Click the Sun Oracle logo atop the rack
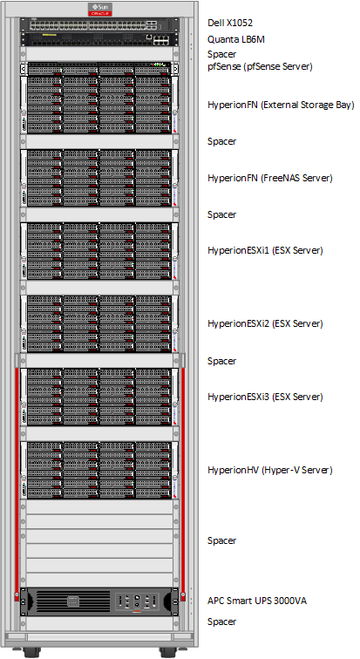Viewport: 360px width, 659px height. pos(99,10)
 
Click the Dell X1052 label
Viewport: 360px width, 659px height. pos(230,24)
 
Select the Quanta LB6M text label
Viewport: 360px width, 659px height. pos(235,39)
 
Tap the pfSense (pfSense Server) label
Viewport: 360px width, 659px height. pos(260,66)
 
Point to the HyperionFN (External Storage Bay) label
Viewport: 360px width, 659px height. pos(281,105)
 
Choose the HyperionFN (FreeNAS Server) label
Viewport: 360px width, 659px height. pos(269,178)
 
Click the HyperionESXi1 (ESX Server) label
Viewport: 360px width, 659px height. pos(265,250)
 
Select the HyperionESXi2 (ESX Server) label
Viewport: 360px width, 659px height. pos(265,323)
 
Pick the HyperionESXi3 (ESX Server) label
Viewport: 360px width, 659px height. pos(265,397)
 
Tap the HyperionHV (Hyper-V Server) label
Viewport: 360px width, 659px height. pos(269,470)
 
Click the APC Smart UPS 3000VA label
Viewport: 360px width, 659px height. pos(256,601)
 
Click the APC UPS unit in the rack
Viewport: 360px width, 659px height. pos(99,601)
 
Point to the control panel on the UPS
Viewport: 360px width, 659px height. pos(138,602)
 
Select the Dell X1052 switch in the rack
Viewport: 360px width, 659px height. pos(99,24)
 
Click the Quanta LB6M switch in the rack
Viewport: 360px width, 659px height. pos(99,39)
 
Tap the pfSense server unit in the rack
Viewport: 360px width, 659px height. pos(99,68)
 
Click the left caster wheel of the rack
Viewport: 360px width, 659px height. pos(30,652)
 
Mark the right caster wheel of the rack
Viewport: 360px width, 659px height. pos(167,652)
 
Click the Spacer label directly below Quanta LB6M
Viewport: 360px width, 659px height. pos(221,54)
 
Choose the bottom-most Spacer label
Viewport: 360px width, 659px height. pos(221,622)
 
